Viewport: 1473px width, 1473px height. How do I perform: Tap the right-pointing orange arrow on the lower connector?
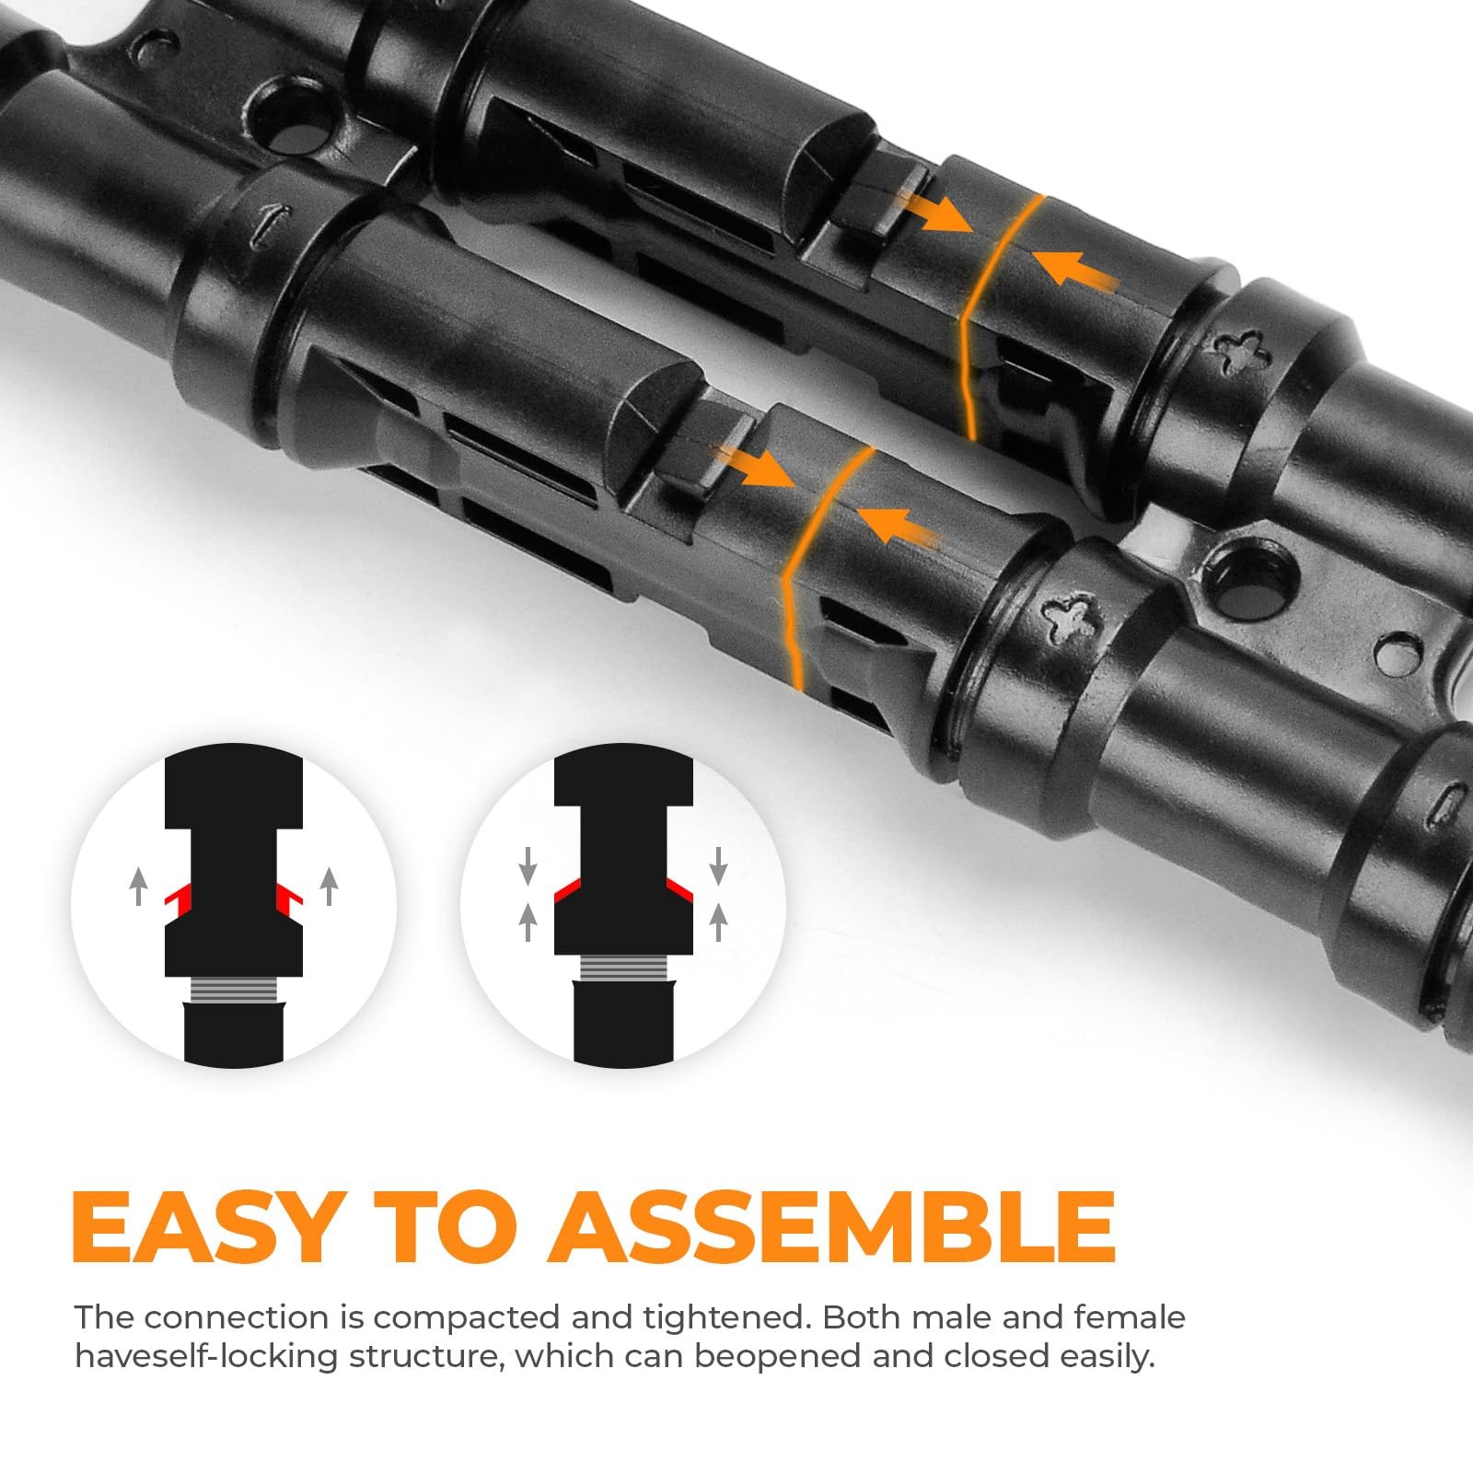click(757, 466)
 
